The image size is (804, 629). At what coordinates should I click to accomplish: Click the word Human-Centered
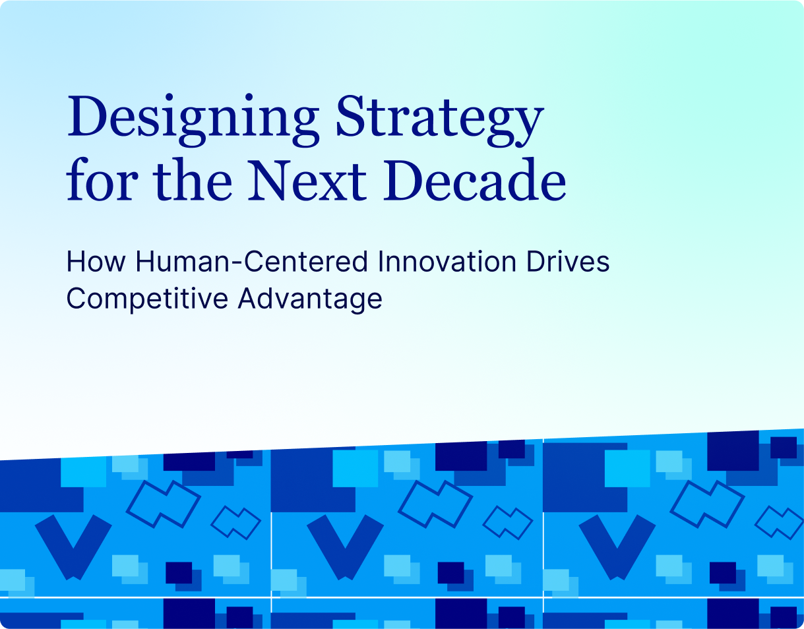tap(251, 262)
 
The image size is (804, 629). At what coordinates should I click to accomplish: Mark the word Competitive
tap(147, 298)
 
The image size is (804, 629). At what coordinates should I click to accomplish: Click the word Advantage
tap(310, 298)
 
